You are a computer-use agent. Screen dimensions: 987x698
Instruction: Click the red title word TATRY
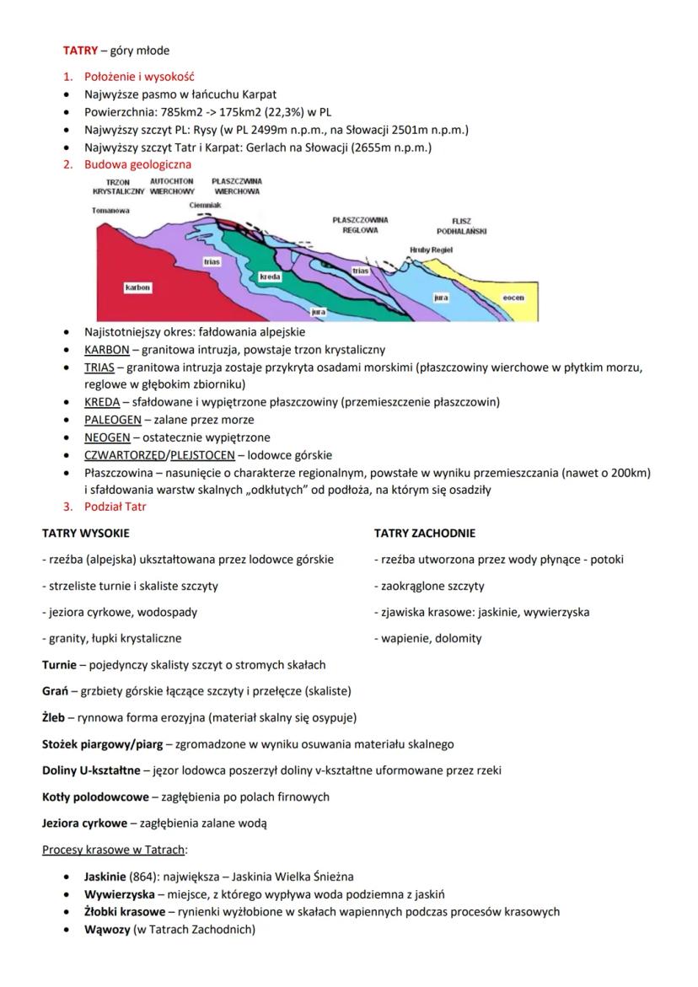(81, 51)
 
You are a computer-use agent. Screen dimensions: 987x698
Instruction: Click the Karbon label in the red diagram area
(137, 287)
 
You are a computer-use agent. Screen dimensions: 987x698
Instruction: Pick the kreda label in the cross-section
(270, 276)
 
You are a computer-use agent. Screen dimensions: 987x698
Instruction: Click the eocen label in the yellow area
(513, 298)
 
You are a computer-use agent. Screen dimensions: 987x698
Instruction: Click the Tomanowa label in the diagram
(110, 211)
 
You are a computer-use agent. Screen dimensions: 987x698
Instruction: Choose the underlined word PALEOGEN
(106, 420)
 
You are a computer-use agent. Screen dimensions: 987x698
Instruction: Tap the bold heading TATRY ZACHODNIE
(425, 534)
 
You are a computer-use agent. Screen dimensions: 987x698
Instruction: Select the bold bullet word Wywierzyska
(119, 893)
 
